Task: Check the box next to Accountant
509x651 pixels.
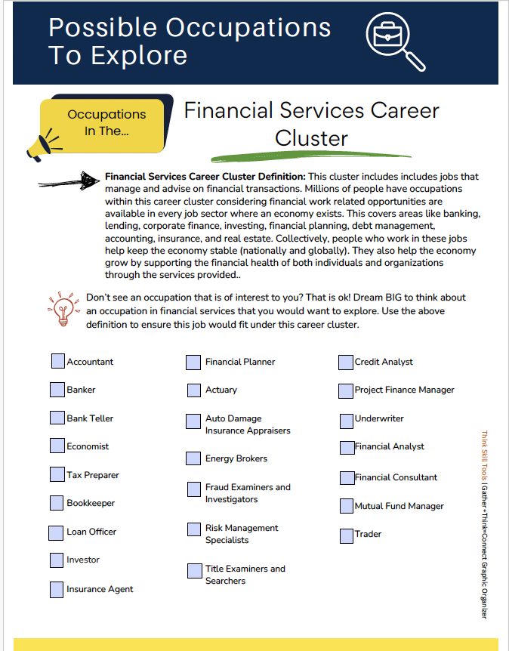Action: pyautogui.click(x=58, y=361)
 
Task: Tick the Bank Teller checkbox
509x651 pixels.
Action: pyautogui.click(x=57, y=418)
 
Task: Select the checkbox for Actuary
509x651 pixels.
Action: pyautogui.click(x=193, y=390)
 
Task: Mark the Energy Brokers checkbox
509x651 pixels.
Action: pyautogui.click(x=193, y=458)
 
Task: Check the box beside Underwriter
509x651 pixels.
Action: pyautogui.click(x=346, y=418)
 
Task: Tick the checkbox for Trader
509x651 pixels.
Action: pyautogui.click(x=346, y=535)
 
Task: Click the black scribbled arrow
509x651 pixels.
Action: pyautogui.click(x=69, y=181)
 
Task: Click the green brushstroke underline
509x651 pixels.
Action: pyautogui.click(x=310, y=155)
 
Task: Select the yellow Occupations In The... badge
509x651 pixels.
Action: pyautogui.click(x=106, y=122)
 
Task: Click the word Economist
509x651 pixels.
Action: pyautogui.click(x=88, y=446)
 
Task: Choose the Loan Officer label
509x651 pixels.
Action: pyautogui.click(x=91, y=532)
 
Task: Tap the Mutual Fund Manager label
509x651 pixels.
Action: pyautogui.click(x=399, y=506)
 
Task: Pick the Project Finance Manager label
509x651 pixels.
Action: pyautogui.click(x=404, y=390)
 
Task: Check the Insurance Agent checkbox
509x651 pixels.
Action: pyautogui.click(x=57, y=589)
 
